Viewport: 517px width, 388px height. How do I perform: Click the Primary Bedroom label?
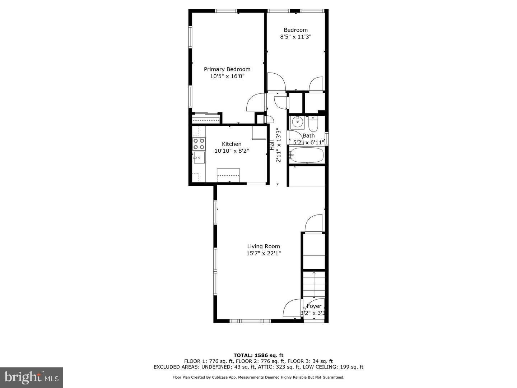click(227, 69)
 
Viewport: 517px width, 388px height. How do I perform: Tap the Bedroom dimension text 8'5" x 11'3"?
click(295, 37)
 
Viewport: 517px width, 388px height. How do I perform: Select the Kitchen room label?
click(232, 144)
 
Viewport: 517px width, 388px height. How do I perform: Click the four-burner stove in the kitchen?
click(199, 144)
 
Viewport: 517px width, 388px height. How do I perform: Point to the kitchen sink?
click(199, 157)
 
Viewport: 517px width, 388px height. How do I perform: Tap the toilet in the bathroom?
click(313, 124)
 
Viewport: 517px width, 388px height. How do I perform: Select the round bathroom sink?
click(297, 123)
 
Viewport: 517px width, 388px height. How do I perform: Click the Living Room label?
click(263, 246)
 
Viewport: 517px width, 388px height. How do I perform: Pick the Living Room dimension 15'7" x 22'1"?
click(263, 253)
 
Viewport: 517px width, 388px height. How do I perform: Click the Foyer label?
click(314, 306)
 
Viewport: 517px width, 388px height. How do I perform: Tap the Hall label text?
click(272, 145)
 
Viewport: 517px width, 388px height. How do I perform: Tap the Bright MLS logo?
click(31, 377)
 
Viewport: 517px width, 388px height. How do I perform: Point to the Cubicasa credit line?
click(258, 377)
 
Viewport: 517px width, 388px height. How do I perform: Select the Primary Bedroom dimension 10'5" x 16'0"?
click(227, 76)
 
